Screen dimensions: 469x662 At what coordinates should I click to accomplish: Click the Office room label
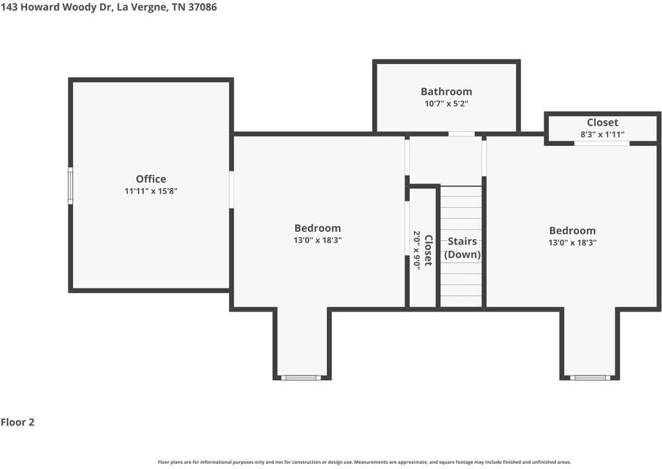(x=151, y=179)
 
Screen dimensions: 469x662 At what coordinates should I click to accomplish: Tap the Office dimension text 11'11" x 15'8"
(x=151, y=191)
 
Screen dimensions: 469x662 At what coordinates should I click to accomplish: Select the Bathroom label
(x=446, y=92)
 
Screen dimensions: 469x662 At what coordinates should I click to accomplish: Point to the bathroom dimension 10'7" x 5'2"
(x=446, y=104)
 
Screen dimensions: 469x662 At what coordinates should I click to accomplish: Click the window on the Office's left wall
(x=71, y=185)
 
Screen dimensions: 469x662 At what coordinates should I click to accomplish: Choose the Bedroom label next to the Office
(x=317, y=228)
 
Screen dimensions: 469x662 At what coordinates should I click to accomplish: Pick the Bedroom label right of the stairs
(x=572, y=231)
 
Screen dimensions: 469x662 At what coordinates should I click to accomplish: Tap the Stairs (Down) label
(x=462, y=248)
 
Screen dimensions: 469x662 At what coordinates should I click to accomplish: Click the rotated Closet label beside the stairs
(x=428, y=250)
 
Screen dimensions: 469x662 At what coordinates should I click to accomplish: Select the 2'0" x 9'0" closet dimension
(x=415, y=250)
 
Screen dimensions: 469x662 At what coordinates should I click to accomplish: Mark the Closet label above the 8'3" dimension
(x=603, y=123)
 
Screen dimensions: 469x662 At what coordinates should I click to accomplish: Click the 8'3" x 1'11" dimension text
(x=603, y=135)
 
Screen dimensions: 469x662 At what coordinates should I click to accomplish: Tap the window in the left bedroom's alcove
(x=301, y=377)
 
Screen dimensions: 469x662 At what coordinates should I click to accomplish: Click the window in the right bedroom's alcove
(x=590, y=377)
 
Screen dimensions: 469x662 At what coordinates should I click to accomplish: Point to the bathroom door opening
(x=462, y=135)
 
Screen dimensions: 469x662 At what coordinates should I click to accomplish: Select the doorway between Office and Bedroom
(x=232, y=189)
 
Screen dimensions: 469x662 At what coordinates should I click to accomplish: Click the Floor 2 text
(x=17, y=422)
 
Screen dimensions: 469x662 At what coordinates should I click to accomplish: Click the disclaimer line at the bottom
(x=364, y=461)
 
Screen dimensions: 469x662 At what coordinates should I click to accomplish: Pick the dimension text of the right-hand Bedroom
(x=572, y=243)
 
